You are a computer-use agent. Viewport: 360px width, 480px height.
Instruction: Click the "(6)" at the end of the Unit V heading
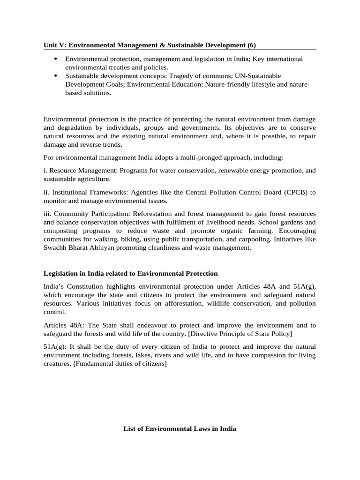pyautogui.click(x=252, y=45)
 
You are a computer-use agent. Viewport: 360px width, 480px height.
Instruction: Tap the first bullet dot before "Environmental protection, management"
pyautogui.click(x=56, y=59)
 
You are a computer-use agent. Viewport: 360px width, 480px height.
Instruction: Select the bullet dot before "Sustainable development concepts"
pyautogui.click(x=56, y=75)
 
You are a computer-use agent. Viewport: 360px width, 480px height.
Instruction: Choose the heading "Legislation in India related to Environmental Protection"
pyautogui.click(x=130, y=273)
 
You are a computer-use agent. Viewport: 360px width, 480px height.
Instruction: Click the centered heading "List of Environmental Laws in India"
pyautogui.click(x=180, y=428)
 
